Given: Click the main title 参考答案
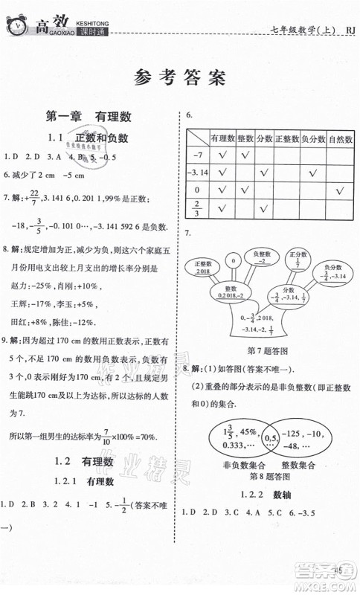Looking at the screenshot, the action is [x=180, y=78].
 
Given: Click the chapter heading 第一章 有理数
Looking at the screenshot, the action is [x=89, y=116].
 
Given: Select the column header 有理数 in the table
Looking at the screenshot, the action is [x=222, y=138].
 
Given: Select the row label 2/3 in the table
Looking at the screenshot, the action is [x=197, y=208].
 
